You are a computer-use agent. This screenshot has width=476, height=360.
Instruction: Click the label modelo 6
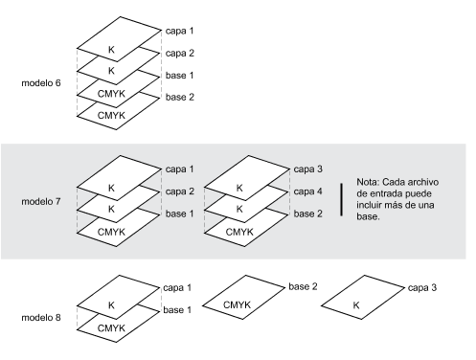point(41,83)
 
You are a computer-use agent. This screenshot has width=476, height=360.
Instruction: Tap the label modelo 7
point(41,202)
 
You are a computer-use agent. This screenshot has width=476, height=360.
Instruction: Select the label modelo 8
point(41,318)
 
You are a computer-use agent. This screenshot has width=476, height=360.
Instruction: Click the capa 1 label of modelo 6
point(179,31)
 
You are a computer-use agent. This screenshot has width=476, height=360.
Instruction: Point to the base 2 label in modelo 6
point(180,97)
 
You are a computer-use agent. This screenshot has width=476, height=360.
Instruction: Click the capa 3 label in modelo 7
point(308,169)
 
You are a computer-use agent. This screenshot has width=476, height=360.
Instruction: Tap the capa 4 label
point(308,191)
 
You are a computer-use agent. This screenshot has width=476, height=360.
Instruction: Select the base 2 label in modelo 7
point(308,214)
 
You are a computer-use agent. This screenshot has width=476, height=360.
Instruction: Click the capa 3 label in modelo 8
point(422,288)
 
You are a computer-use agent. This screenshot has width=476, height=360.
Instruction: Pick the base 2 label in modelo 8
point(303,286)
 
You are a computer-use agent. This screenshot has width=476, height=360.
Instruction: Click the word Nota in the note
point(368,182)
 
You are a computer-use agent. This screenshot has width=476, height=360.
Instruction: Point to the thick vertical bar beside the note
point(342,200)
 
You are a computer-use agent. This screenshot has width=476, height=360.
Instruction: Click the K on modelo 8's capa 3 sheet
point(356,305)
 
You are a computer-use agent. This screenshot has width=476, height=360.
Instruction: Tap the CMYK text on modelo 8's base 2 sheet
point(237,304)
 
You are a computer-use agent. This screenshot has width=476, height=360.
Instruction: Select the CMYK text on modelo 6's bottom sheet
point(111,115)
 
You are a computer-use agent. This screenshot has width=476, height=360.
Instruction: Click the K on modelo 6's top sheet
point(111,50)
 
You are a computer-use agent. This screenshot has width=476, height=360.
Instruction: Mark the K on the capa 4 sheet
point(239,209)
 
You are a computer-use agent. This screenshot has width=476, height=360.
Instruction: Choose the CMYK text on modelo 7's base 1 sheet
point(111,232)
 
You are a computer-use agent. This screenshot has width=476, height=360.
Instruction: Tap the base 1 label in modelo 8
point(177,310)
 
